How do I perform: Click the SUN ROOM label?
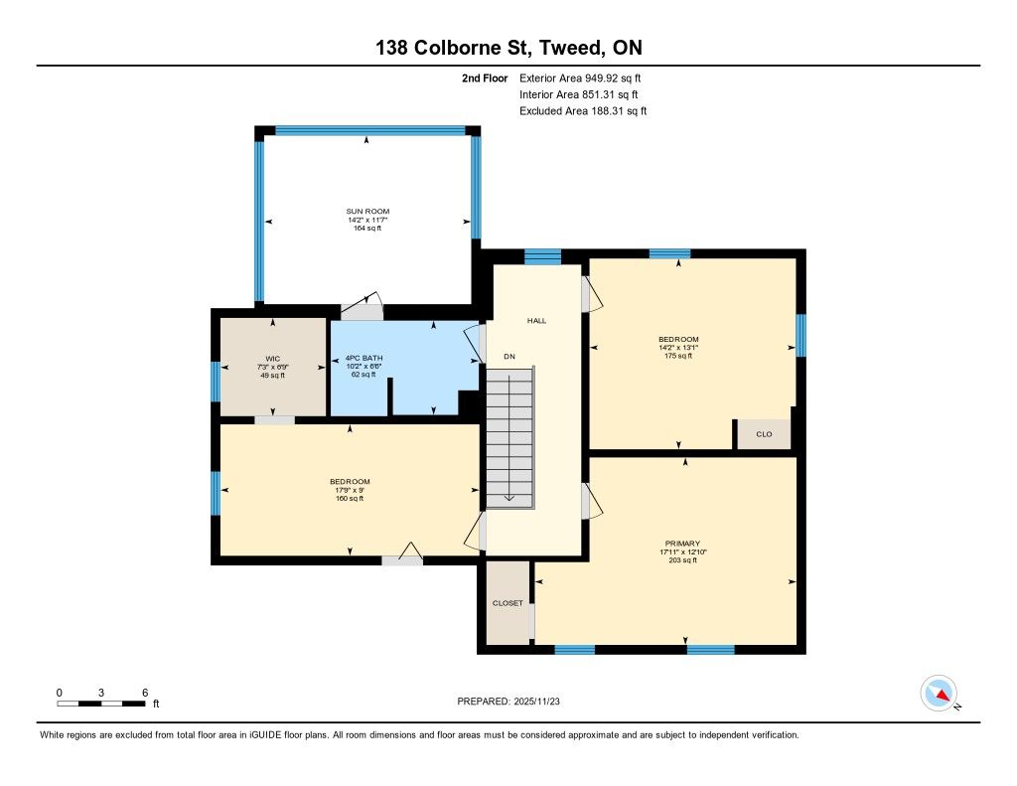[367, 211]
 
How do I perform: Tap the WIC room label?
[272, 359]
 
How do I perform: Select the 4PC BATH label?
[363, 358]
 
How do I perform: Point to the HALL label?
[536, 321]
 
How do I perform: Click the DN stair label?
[509, 357]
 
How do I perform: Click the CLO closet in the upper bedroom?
[764, 434]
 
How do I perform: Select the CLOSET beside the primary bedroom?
[508, 603]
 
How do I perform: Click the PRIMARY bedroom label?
[682, 544]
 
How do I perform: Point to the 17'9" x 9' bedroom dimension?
[350, 490]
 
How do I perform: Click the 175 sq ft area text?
[678, 356]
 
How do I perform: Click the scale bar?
[101, 704]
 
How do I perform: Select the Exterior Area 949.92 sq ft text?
[580, 78]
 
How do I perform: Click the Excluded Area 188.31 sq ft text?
[583, 111]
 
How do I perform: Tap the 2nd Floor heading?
[485, 78]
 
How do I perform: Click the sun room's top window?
[370, 130]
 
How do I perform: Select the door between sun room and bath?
[362, 306]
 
